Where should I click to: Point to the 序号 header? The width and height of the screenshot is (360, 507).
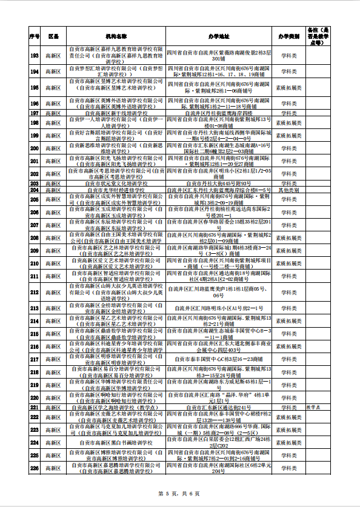(x=35, y=37)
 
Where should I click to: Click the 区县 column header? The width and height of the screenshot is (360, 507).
(x=53, y=37)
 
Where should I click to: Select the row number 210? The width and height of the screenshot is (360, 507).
(x=35, y=263)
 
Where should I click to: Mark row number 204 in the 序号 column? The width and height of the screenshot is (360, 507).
(x=35, y=190)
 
